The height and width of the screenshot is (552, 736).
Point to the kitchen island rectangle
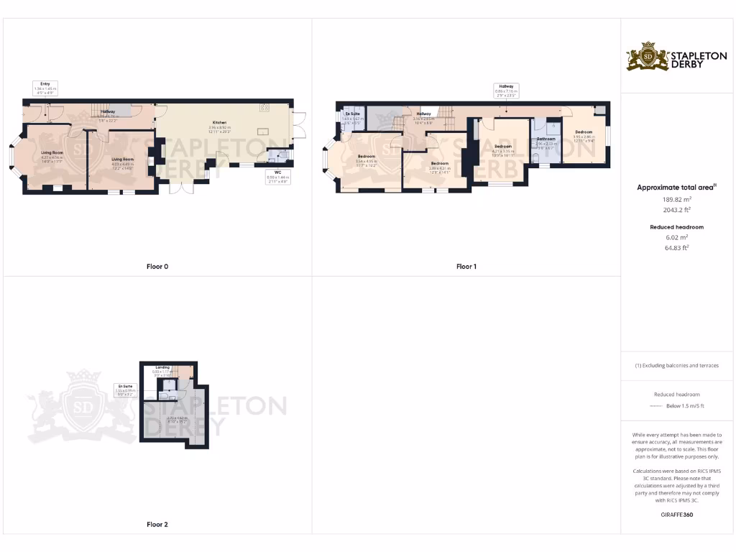pyautogui.click(x=262, y=131)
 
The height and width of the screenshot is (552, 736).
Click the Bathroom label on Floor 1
pyautogui.click(x=546, y=138)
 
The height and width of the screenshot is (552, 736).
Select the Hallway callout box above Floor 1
pyautogui.click(x=505, y=90)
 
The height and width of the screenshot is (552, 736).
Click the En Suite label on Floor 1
pyautogui.click(x=352, y=114)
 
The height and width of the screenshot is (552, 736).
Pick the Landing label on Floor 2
pyautogui.click(x=162, y=367)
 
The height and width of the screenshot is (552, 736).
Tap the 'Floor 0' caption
pyautogui.click(x=157, y=267)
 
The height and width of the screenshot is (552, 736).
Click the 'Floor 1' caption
pyautogui.click(x=466, y=267)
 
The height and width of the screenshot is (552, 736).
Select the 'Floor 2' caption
pyautogui.click(x=157, y=525)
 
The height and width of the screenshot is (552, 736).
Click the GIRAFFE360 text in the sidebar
pyautogui.click(x=678, y=515)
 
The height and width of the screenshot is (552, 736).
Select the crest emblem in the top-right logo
pyautogui.click(x=648, y=56)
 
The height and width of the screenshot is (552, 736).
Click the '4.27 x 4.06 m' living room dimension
pyautogui.click(x=52, y=157)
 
